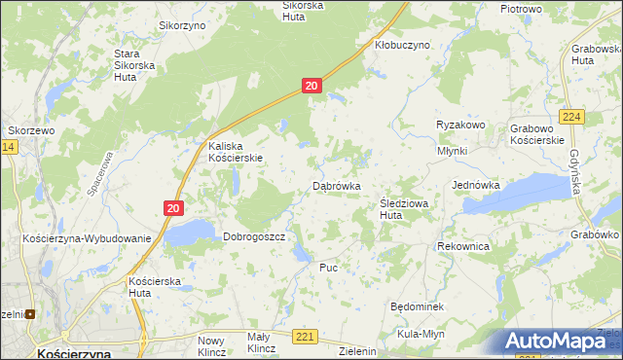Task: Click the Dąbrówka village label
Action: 337,185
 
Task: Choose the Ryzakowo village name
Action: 460,126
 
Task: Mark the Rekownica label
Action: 463,247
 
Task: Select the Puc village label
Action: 328,266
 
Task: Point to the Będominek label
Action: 417,306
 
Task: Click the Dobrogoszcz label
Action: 253,236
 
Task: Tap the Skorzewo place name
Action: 29,129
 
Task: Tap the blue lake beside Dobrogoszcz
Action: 191,232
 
